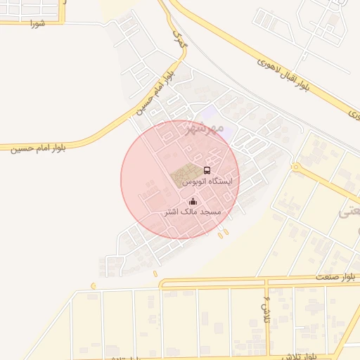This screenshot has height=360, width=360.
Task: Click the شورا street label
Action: point(37,23)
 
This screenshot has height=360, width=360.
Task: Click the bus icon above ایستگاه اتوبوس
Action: point(206,170)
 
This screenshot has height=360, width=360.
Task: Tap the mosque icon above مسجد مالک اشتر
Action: point(192,201)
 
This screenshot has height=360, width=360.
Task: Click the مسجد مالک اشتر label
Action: point(192,212)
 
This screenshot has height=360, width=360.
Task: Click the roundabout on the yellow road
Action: point(296,168)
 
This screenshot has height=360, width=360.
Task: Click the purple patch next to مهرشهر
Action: point(209,112)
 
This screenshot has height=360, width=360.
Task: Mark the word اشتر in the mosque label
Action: point(172,212)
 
